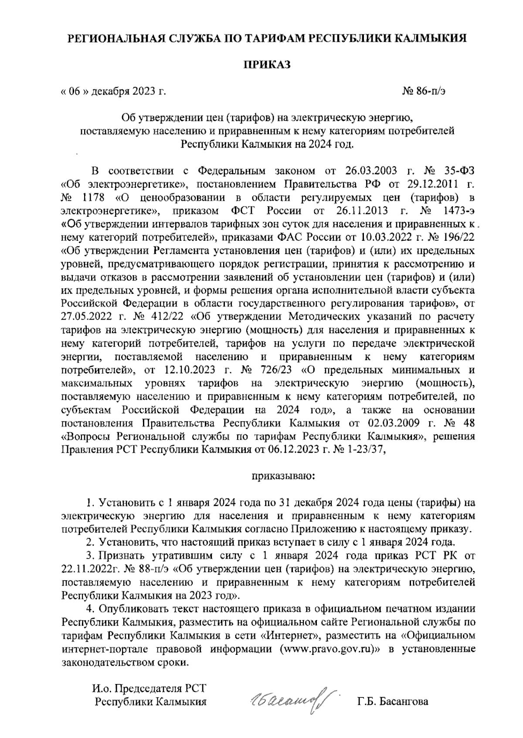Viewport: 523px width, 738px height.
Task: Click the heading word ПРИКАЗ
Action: (266, 65)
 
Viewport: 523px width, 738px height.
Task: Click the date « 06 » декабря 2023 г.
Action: (114, 92)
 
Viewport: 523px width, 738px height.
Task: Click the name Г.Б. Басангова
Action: (392, 701)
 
